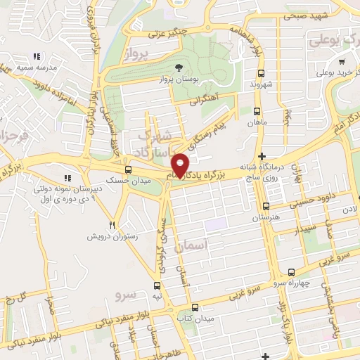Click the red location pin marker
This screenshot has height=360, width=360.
point(181,165)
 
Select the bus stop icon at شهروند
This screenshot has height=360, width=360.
point(262,73)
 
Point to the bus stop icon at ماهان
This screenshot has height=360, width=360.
point(257,111)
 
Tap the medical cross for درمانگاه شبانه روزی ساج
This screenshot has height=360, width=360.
point(262,156)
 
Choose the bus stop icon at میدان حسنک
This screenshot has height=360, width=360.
point(127,169)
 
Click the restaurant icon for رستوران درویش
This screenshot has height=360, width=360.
point(111,225)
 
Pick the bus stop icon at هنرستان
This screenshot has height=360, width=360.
point(265,206)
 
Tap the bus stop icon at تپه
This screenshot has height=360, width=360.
point(157,285)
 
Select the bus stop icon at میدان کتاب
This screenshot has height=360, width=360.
point(195,307)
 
